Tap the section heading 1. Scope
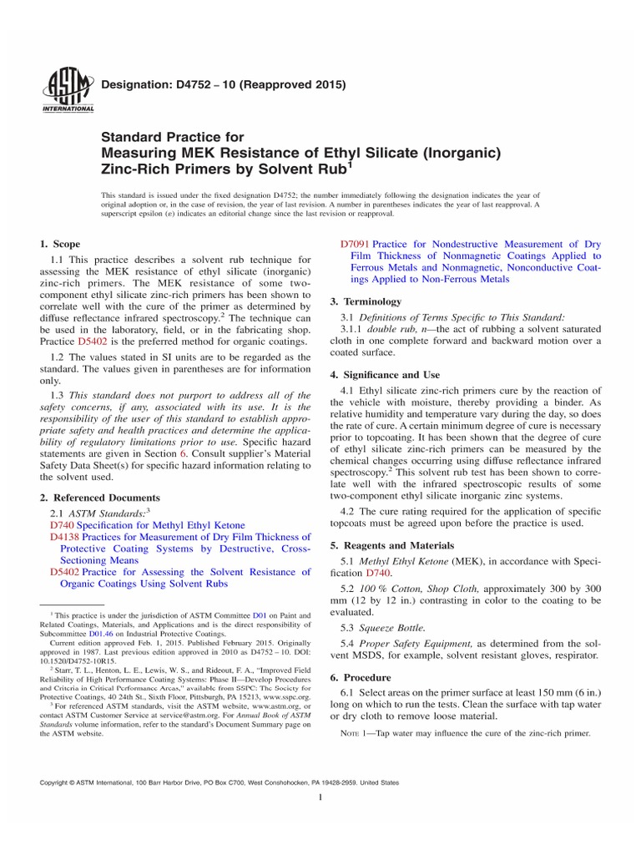(x=60, y=244)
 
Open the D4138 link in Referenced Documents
(x=63, y=537)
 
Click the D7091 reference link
(x=356, y=244)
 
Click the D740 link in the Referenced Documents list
(x=61, y=524)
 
